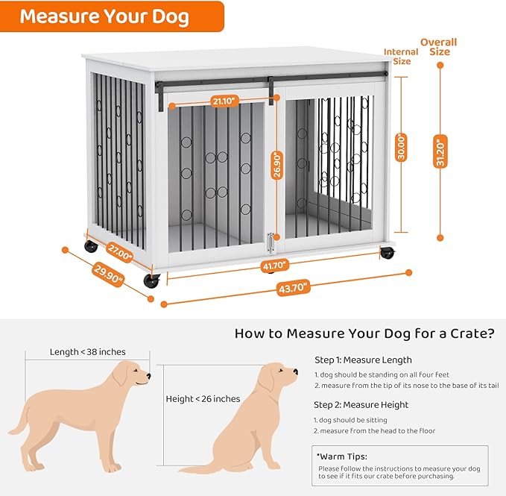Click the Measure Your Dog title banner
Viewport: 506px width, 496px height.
click(105, 16)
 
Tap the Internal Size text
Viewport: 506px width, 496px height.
click(401, 57)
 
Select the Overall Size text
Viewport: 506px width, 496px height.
click(439, 47)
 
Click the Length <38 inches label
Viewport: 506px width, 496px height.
click(88, 351)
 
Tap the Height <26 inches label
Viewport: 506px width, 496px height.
click(203, 399)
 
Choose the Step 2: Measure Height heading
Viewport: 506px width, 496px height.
click(361, 405)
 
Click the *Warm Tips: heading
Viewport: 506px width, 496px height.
click(343, 456)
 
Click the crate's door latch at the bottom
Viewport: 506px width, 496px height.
click(271, 244)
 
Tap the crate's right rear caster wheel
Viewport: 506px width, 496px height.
click(387, 253)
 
